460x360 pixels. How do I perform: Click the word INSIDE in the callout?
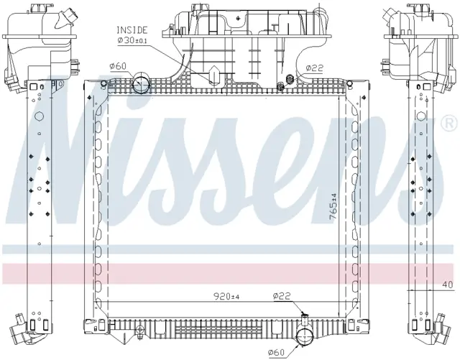click(132, 30)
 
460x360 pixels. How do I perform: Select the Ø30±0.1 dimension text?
click(132, 40)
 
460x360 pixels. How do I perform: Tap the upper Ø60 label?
click(118, 66)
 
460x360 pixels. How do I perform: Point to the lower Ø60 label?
click(276, 352)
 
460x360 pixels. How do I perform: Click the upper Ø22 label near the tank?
click(315, 68)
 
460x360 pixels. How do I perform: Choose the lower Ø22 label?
click(282, 296)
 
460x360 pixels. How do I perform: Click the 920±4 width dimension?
click(226, 297)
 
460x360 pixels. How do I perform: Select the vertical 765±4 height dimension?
click(333, 206)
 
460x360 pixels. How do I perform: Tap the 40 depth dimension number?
click(448, 285)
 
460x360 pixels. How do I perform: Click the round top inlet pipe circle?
click(141, 83)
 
